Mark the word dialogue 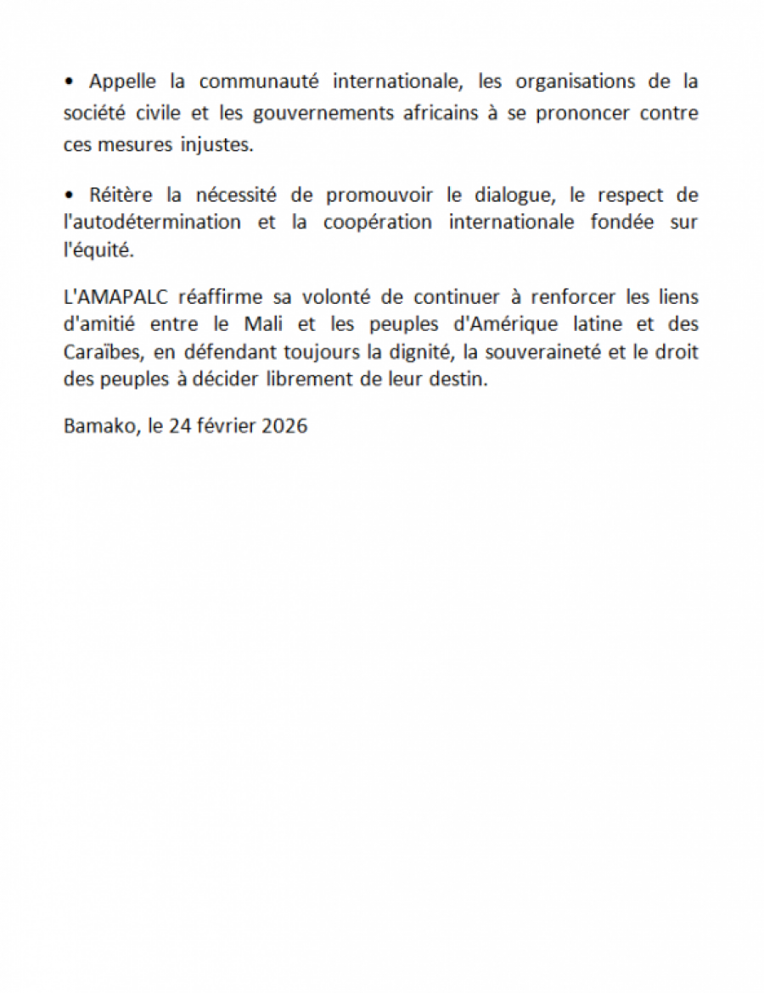(x=495, y=195)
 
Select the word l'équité (x=98, y=252)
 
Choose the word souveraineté (x=520, y=351)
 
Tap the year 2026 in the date (x=284, y=425)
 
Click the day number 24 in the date (x=179, y=425)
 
